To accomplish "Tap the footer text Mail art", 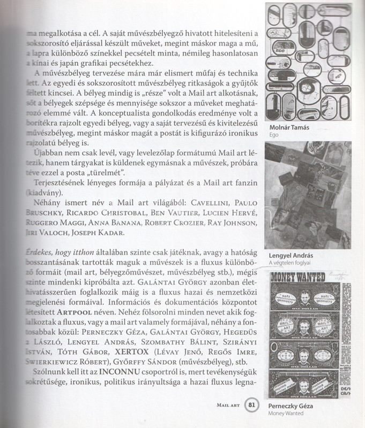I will [227, 406].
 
